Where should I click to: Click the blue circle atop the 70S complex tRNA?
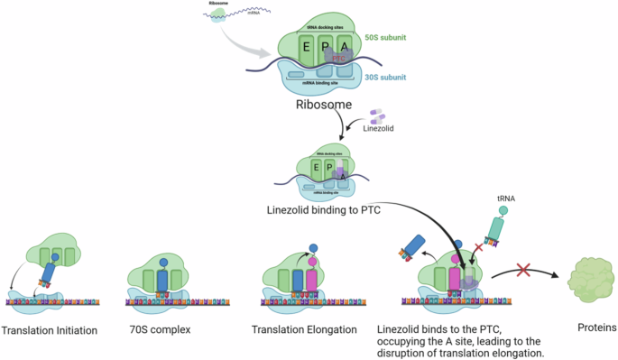(163, 263)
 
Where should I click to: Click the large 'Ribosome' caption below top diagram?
(325, 105)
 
